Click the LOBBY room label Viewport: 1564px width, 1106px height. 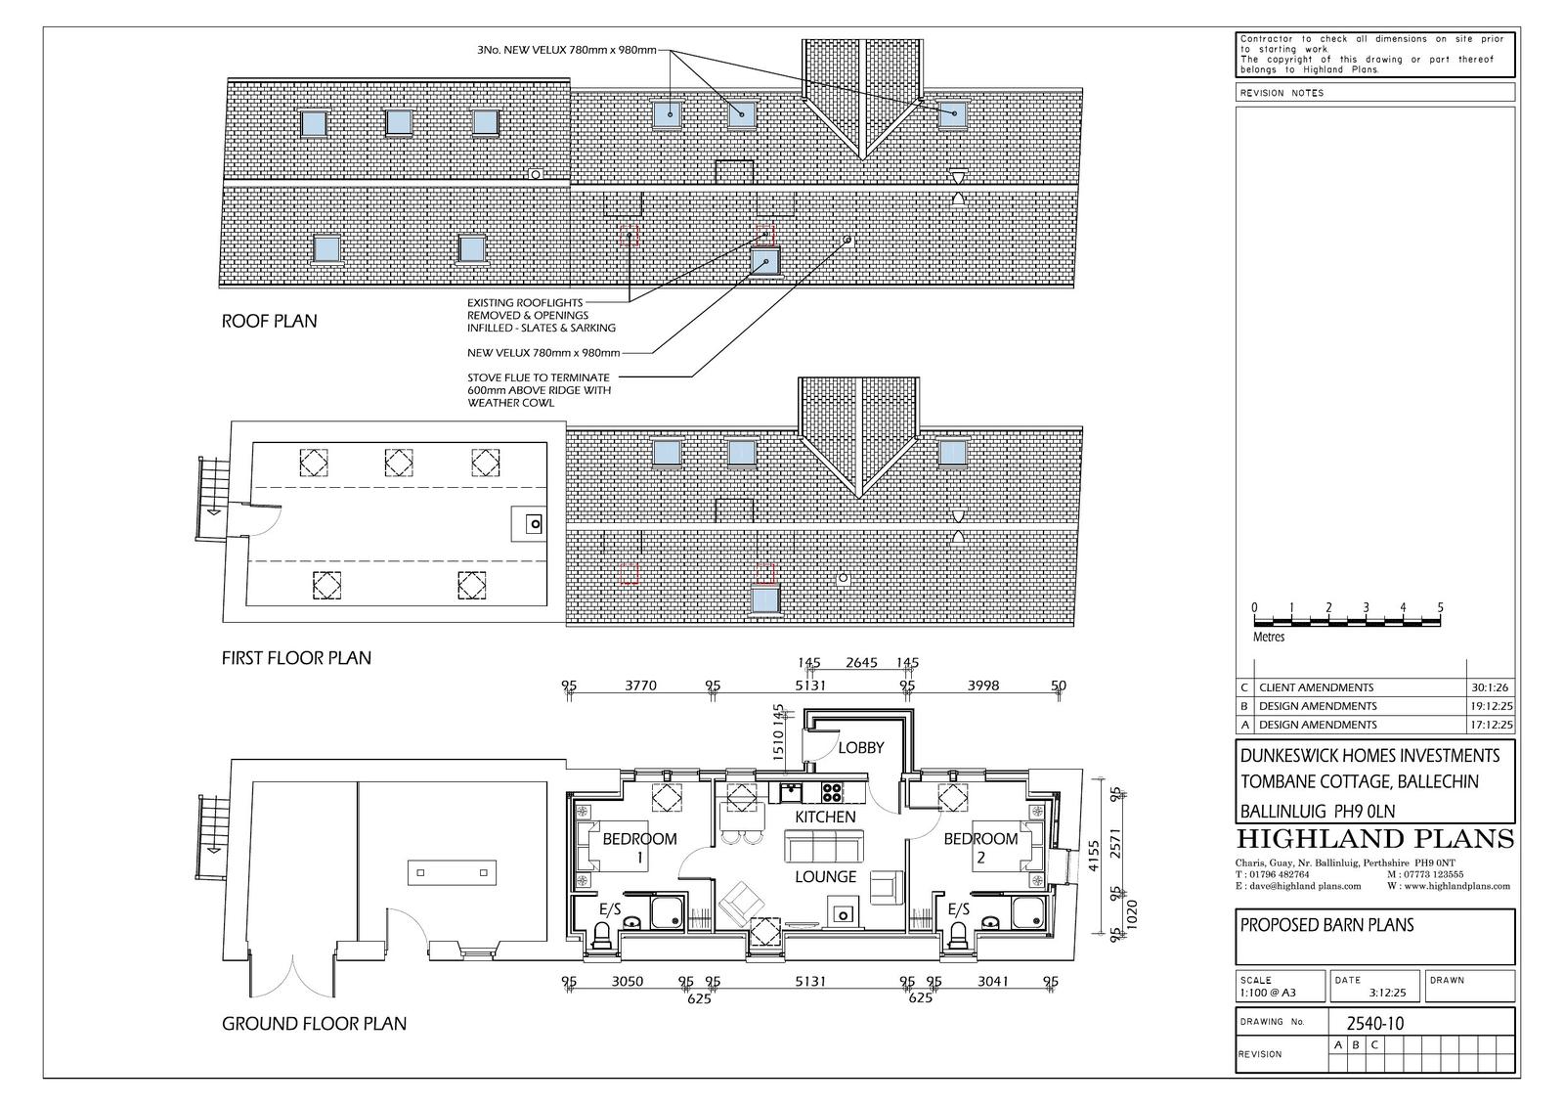coord(861,747)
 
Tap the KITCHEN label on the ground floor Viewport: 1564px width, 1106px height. coord(825,817)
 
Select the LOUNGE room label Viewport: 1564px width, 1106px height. coord(825,877)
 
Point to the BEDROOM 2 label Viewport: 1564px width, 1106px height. coord(980,848)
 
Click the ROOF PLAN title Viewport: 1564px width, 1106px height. coord(269,322)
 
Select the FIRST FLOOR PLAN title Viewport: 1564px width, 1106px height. coord(296,658)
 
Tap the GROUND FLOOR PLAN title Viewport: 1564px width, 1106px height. coord(314,1024)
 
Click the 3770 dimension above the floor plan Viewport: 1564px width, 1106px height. coord(640,686)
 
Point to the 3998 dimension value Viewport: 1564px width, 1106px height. coord(983,686)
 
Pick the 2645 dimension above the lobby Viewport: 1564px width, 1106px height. coord(861,662)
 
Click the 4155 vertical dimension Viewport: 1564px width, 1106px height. coord(1094,856)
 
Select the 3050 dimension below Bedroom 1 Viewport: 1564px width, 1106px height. coord(627,982)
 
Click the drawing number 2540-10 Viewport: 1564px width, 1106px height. coord(1374,1024)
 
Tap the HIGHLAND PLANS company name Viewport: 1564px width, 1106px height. coord(1374,839)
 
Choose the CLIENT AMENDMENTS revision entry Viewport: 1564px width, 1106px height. coord(1316,687)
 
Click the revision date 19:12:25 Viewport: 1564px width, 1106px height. coord(1492,706)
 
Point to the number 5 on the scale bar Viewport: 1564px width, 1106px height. coord(1440,607)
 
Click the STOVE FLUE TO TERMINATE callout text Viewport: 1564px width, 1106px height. coord(539,378)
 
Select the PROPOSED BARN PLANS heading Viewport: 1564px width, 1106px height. coord(1326,925)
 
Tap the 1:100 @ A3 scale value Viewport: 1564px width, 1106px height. coord(1268,993)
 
